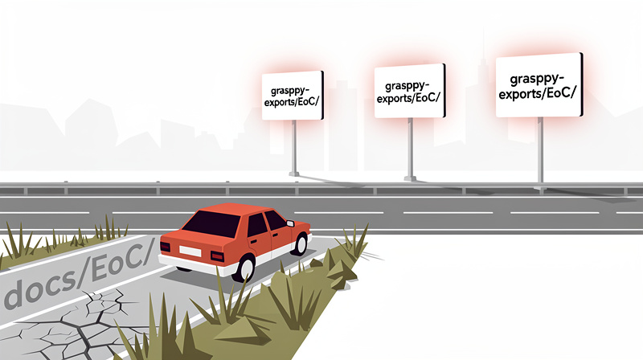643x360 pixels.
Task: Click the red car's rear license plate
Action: [190, 251]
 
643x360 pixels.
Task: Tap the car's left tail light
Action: [165, 247]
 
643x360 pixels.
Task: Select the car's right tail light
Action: [217, 256]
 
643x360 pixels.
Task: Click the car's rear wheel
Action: [245, 268]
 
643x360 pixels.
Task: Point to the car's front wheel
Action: [301, 243]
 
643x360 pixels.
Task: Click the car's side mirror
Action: [290, 223]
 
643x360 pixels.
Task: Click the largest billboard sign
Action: [539, 85]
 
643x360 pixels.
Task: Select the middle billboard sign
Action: [410, 91]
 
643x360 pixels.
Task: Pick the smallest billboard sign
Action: [293, 96]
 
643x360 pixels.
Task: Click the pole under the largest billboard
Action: [540, 149]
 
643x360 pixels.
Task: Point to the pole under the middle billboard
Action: [410, 149]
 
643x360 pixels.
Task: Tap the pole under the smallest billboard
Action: [294, 147]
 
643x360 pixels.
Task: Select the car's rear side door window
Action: [257, 224]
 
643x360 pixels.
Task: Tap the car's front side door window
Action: [275, 220]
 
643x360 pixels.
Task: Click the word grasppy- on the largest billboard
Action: [537, 79]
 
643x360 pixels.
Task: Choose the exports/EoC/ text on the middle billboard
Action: [408, 98]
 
